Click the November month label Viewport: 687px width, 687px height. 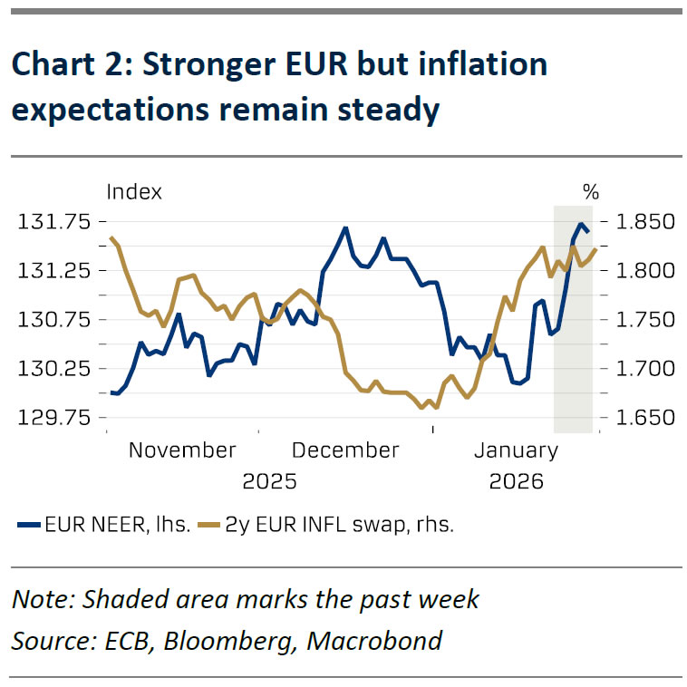pyautogui.click(x=182, y=450)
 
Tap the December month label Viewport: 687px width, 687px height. pyautogui.click(x=346, y=450)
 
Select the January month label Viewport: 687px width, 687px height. pyautogui.click(x=516, y=450)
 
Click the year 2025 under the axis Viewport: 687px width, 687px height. pyautogui.click(x=269, y=481)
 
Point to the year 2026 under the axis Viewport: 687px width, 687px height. pyautogui.click(x=516, y=481)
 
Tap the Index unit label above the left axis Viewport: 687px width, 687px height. pyautogui.click(x=134, y=192)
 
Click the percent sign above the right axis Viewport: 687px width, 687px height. pyautogui.click(x=591, y=192)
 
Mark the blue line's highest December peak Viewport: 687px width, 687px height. pyautogui.click(x=345, y=227)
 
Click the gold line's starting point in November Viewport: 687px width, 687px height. pyautogui.click(x=111, y=238)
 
